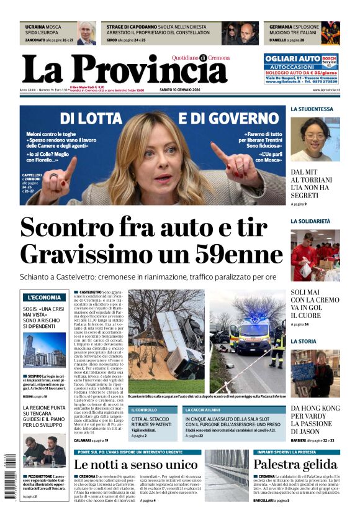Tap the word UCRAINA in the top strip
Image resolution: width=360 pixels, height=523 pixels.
(x=35, y=27)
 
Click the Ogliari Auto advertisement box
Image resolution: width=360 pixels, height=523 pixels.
(x=300, y=68)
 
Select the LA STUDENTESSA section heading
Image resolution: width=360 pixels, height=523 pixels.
(x=312, y=109)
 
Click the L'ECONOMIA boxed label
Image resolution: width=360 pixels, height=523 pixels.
(x=43, y=298)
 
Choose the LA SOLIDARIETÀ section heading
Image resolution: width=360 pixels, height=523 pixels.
(x=310, y=221)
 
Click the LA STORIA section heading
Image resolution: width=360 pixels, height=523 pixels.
(x=304, y=341)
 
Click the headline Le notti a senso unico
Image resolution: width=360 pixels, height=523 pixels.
(x=135, y=465)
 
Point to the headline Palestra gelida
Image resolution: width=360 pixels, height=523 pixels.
(x=295, y=465)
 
